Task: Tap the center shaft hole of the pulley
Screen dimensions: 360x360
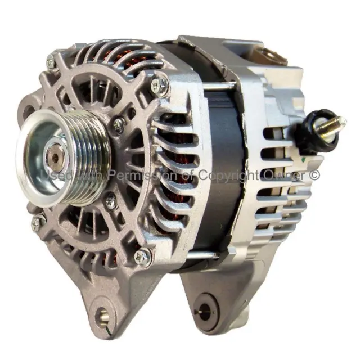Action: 55,157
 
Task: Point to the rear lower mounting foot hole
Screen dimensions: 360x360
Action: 206,312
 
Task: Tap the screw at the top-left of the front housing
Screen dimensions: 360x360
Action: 51,61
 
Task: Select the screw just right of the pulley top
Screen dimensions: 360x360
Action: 119,125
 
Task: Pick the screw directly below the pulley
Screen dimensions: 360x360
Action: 111,201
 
